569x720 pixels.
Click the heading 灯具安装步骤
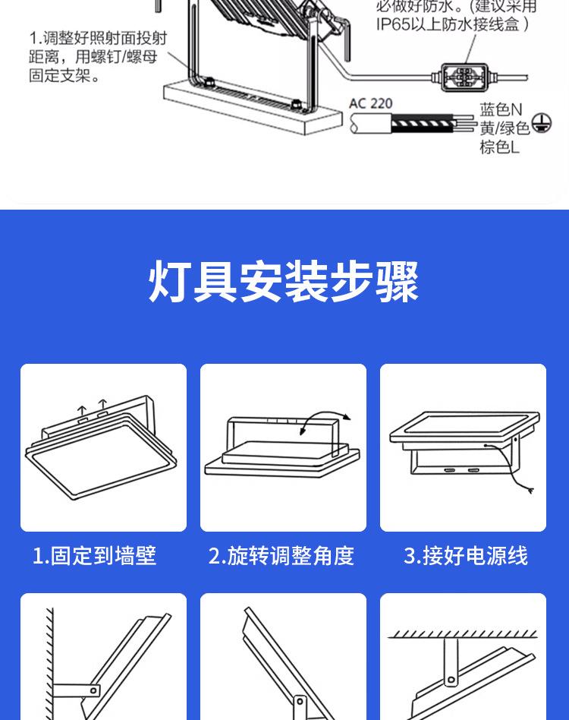pos(284,282)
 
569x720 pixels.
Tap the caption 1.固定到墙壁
pos(94,556)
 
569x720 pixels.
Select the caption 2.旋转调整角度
pos(281,556)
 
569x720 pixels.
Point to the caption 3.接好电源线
pos(465,556)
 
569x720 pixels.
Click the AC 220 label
pos(371,103)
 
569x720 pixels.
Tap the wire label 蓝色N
pos(501,111)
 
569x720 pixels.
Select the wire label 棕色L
pos(499,147)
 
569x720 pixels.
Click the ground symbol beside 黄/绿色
pos(541,123)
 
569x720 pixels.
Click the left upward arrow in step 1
pos(80,409)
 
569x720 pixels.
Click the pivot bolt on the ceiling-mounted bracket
pos(452,678)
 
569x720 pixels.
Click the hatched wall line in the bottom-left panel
pos(49,661)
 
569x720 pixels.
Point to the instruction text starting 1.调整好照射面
pos(97,57)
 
